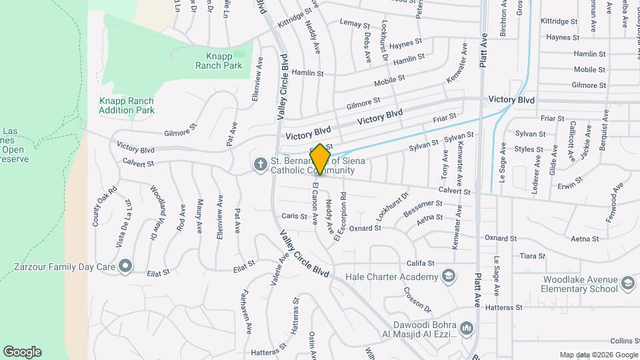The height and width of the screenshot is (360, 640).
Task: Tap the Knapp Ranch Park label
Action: pos(219,61)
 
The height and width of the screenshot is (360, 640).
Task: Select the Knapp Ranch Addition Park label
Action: pos(127,105)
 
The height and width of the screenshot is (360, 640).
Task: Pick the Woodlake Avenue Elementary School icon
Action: pos(627,284)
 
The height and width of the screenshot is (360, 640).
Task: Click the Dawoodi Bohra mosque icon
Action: pos(466,329)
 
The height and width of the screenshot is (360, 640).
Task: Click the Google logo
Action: pos(22,352)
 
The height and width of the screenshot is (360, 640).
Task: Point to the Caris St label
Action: pos(293,216)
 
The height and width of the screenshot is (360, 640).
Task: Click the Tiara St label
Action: pos(533,255)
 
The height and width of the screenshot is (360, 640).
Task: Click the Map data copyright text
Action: pos(598,355)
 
